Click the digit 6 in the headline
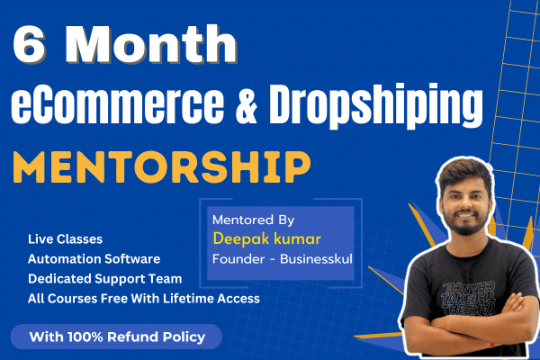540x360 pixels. [x=29, y=44]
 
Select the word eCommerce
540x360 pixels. [x=117, y=103]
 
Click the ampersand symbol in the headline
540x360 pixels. [x=247, y=104]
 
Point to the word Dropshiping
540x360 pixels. [x=375, y=106]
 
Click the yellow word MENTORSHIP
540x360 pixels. [x=162, y=167]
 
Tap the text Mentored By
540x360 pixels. [x=253, y=220]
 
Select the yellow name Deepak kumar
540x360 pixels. [x=267, y=238]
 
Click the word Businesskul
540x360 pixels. [x=316, y=258]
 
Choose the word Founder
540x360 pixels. [x=238, y=258]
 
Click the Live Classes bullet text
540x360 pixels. [x=65, y=239]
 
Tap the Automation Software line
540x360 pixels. [x=94, y=258]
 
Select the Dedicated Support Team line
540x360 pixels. [x=104, y=278]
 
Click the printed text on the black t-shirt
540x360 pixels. [x=468, y=297]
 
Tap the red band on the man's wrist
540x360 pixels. [x=492, y=345]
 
